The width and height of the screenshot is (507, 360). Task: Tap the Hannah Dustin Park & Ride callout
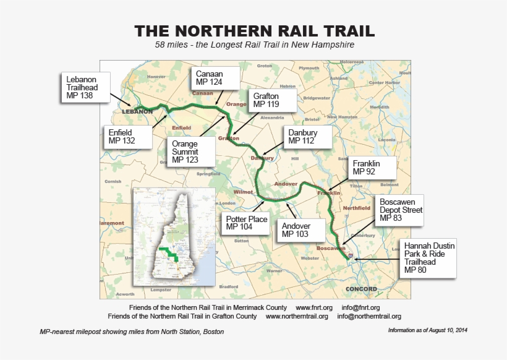428,257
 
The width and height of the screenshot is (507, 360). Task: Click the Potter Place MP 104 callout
246,223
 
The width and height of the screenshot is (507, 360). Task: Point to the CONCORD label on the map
362,289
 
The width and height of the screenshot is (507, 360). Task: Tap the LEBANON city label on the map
137,111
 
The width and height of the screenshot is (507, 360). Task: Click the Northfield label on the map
356,208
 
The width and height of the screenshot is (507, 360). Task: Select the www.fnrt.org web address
314,307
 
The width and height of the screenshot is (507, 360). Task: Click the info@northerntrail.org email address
369,316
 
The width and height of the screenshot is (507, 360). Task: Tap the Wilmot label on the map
244,192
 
